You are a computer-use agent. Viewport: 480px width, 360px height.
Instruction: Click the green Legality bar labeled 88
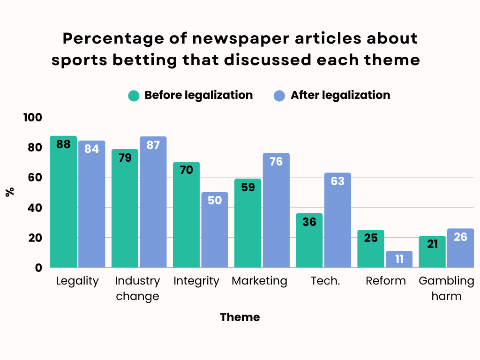[63, 202]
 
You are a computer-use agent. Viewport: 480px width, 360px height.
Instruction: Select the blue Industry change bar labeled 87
[153, 202]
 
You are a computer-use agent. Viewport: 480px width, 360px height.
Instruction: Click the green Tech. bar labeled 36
[309, 240]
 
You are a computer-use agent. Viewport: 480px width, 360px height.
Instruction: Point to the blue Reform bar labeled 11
[399, 259]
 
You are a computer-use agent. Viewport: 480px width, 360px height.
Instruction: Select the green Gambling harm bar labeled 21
[432, 252]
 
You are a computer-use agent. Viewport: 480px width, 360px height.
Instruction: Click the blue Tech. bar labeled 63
[337, 220]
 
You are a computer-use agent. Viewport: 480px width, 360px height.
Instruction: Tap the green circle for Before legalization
[134, 96]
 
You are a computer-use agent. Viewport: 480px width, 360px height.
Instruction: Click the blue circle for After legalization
[279, 96]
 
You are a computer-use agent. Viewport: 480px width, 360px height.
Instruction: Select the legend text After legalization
[340, 95]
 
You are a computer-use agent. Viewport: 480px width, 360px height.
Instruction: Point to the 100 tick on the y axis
[33, 117]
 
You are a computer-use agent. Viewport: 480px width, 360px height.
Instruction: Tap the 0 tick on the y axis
[39, 268]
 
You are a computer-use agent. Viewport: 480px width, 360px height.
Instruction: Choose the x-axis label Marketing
[259, 281]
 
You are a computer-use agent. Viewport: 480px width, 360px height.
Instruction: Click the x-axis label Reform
[386, 281]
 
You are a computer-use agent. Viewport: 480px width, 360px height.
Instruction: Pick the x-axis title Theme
[240, 317]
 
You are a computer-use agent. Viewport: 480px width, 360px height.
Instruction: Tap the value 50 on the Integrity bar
[215, 200]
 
